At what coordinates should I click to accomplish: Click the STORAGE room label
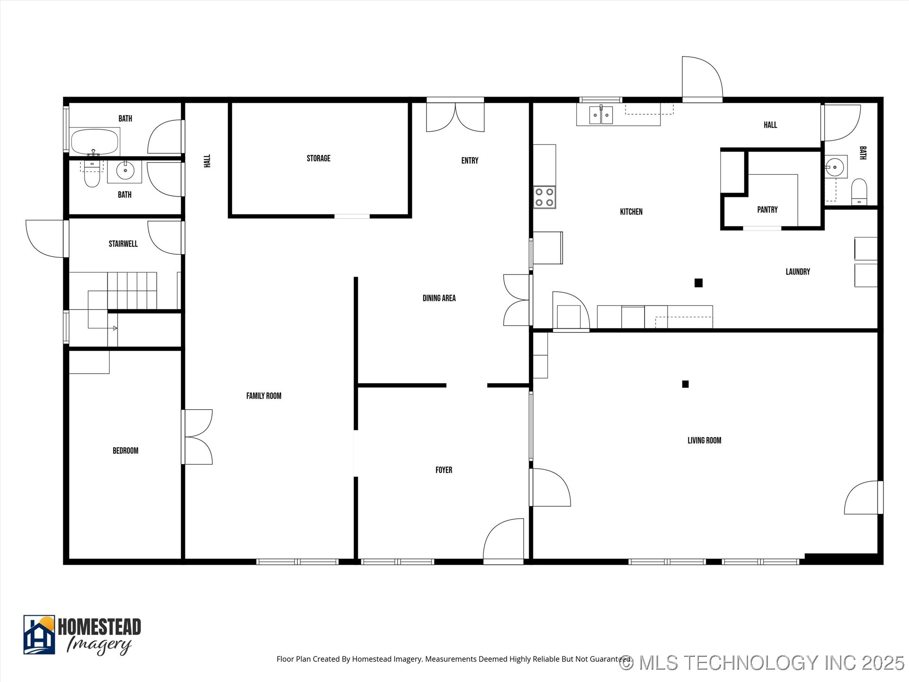tap(318, 158)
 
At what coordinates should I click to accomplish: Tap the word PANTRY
tap(767, 209)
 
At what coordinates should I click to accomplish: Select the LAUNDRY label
tap(797, 271)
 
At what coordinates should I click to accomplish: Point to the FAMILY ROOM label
tap(264, 396)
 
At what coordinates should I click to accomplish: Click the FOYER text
tap(444, 470)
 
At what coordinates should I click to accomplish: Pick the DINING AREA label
tap(439, 298)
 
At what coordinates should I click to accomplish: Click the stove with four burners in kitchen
tap(544, 197)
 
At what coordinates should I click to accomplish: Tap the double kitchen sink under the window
tap(601, 115)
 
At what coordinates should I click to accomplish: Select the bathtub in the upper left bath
tap(94, 142)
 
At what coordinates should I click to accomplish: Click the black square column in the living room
tap(685, 384)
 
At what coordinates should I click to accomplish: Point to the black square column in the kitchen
tap(698, 283)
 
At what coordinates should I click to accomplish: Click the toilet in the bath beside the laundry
tap(859, 191)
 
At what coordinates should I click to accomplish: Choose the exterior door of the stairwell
tap(45, 238)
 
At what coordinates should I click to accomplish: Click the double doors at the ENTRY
tap(455, 117)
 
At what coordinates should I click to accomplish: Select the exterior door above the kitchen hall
tap(702, 78)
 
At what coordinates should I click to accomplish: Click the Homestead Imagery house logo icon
tap(39, 635)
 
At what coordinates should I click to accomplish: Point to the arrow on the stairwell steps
tap(115, 328)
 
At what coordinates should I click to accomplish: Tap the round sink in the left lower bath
tap(125, 170)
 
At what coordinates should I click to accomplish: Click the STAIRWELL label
tap(123, 244)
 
